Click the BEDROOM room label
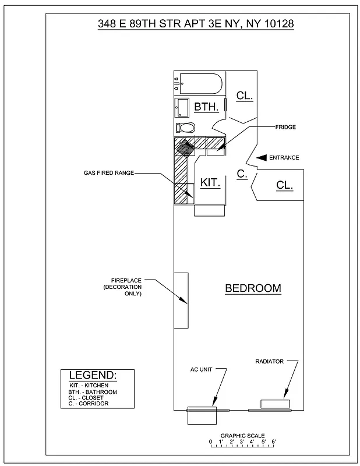click(x=253, y=288)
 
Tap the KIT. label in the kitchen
click(x=210, y=183)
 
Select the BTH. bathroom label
click(x=206, y=107)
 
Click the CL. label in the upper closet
click(x=245, y=97)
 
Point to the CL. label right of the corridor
click(x=284, y=185)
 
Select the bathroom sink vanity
click(x=182, y=108)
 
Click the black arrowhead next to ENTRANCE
click(x=261, y=157)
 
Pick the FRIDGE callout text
click(x=286, y=126)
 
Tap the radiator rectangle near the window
click(x=275, y=404)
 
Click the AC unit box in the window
click(x=202, y=415)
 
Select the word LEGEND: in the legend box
click(x=93, y=375)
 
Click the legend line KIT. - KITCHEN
click(x=88, y=386)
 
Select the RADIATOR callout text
click(x=269, y=361)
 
